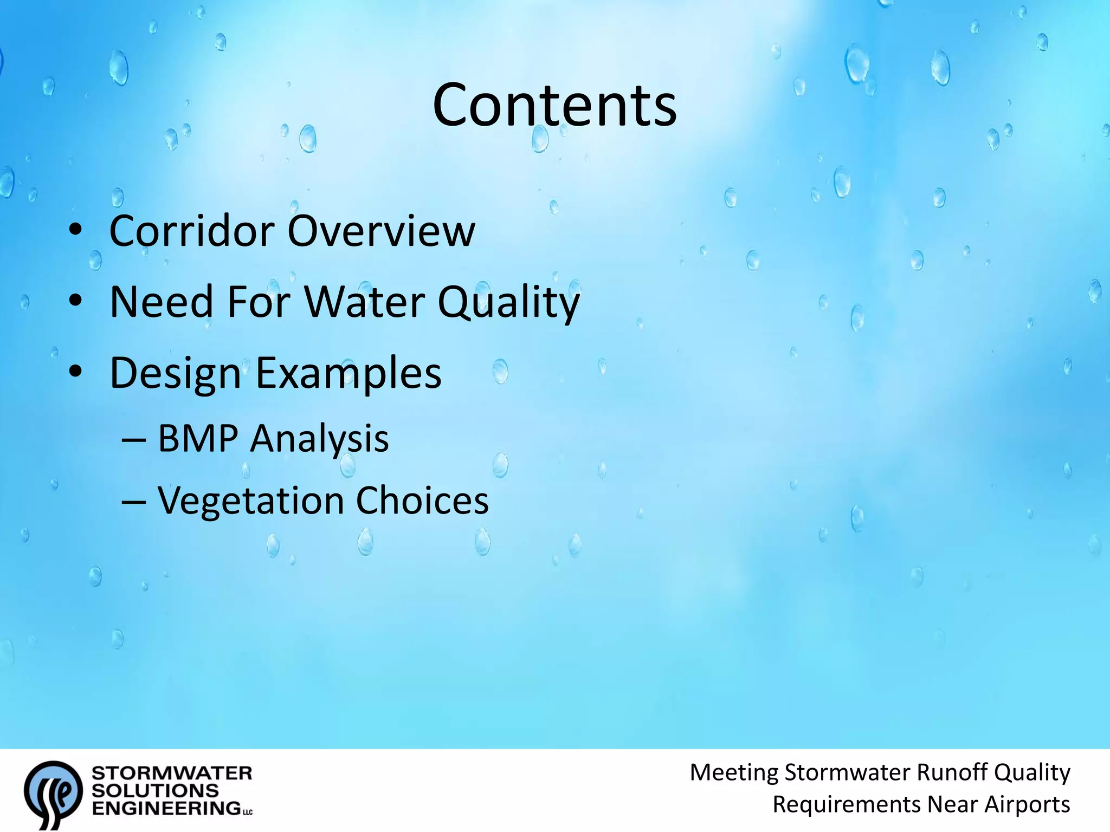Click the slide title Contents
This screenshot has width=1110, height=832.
(554, 105)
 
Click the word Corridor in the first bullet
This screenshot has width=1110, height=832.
(192, 231)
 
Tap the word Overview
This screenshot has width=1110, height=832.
(381, 231)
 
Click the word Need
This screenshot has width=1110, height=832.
(162, 302)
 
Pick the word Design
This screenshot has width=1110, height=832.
(175, 374)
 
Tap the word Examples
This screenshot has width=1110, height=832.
(349, 374)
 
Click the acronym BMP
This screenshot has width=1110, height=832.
(197, 438)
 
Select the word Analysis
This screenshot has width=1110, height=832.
(319, 439)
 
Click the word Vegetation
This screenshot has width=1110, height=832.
(250, 500)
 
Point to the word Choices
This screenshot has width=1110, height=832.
(422, 500)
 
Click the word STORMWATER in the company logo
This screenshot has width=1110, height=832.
(172, 773)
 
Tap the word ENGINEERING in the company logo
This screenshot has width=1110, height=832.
(166, 808)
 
